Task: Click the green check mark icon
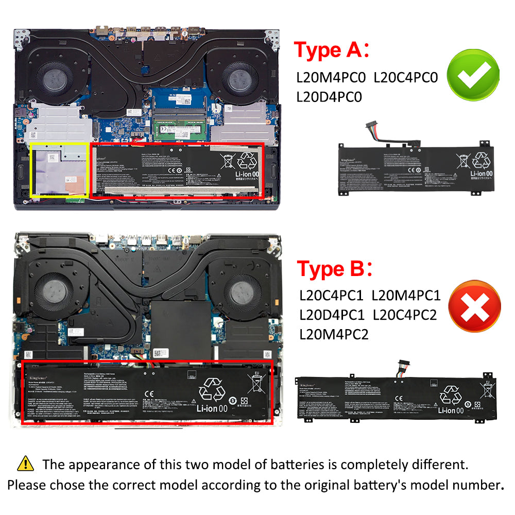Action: (473, 76)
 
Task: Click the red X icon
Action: (474, 307)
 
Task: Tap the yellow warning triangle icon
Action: (25, 463)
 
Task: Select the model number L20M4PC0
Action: (331, 78)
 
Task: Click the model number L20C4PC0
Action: (406, 78)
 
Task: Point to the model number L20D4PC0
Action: (330, 96)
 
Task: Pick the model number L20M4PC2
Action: (334, 334)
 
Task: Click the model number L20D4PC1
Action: (332, 314)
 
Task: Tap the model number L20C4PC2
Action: (405, 314)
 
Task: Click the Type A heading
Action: (333, 50)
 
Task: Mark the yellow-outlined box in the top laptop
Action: (59, 170)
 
